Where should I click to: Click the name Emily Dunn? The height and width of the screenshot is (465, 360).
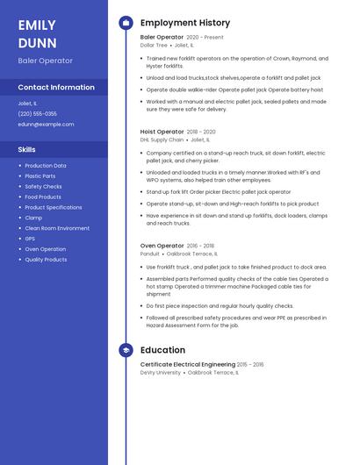pyautogui.click(x=37, y=34)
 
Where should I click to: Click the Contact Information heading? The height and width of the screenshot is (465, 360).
pyautogui.click(x=56, y=87)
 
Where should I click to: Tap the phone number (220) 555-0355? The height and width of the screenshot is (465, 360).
pyautogui.click(x=38, y=113)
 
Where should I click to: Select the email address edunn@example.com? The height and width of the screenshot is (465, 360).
pyautogui.click(x=46, y=124)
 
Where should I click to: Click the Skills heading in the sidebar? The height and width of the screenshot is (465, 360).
pyautogui.click(x=27, y=150)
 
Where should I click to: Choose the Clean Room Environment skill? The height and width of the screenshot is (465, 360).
pyautogui.click(x=57, y=228)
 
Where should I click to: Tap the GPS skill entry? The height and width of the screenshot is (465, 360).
pyautogui.click(x=30, y=239)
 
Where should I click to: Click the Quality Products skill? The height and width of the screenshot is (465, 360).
pyautogui.click(x=46, y=260)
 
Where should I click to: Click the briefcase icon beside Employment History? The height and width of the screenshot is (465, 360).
pyautogui.click(x=126, y=23)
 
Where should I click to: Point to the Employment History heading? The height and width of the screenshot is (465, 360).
pyautogui.click(x=184, y=23)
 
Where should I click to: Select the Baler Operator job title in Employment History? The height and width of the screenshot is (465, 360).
pyautogui.click(x=162, y=38)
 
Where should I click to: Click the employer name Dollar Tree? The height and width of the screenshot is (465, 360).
pyautogui.click(x=154, y=45)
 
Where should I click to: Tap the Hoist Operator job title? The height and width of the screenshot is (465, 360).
pyautogui.click(x=162, y=132)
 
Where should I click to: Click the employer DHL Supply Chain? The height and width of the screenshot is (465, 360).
pyautogui.click(x=162, y=139)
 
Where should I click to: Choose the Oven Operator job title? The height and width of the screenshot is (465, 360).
pyautogui.click(x=162, y=246)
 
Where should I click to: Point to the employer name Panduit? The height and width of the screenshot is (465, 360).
pyautogui.click(x=150, y=254)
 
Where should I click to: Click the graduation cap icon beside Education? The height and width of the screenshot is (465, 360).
pyautogui.click(x=126, y=350)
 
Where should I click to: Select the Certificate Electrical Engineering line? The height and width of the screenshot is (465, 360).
pyautogui.click(x=187, y=364)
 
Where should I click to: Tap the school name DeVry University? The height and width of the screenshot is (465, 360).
pyautogui.click(x=161, y=372)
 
